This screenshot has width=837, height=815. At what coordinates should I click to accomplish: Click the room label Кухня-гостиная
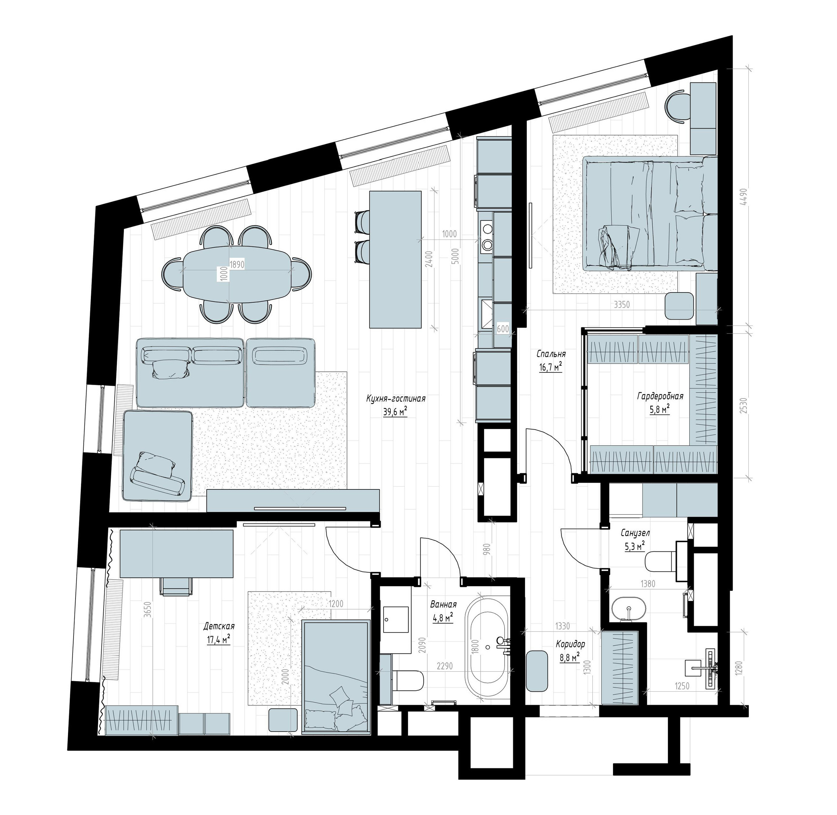[396, 399]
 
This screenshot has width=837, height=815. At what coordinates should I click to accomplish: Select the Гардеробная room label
[660, 396]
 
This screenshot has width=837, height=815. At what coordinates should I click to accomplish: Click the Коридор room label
[570, 644]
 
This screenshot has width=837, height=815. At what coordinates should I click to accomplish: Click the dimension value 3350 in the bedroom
[622, 305]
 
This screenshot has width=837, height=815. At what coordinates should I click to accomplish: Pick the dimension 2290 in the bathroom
[445, 666]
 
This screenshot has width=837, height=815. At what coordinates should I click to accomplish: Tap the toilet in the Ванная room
[408, 680]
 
